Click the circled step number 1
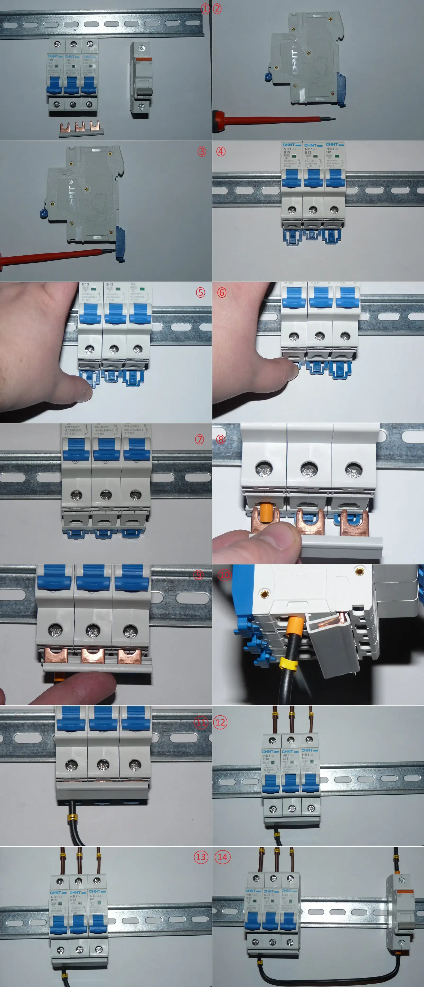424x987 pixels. tap(205, 9)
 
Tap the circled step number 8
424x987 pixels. tap(221, 439)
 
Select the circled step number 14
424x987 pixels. tap(223, 857)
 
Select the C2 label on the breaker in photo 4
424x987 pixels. tap(329, 152)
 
